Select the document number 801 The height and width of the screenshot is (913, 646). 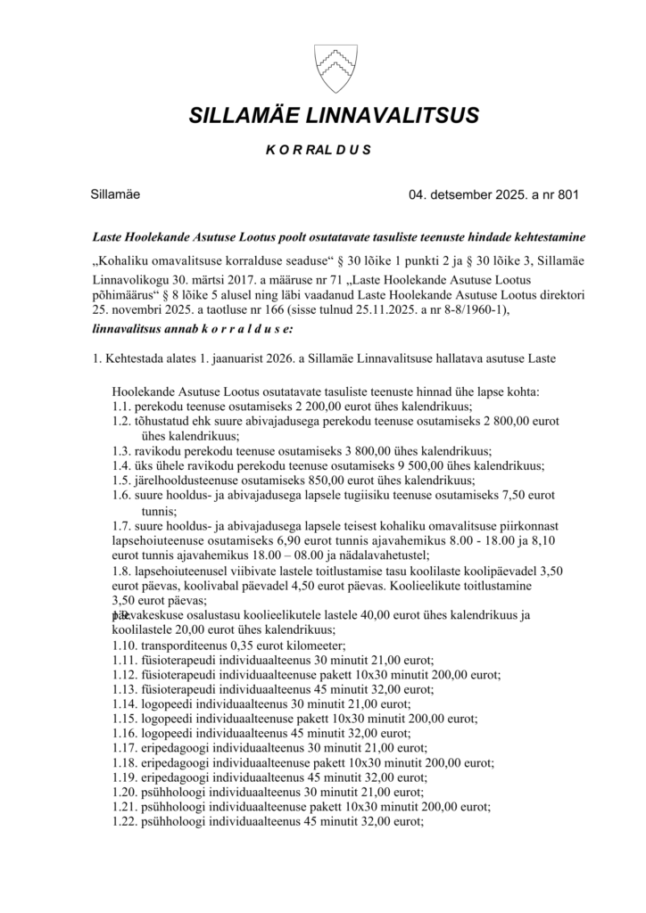pyautogui.click(x=567, y=194)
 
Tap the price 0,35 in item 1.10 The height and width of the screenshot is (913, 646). pyautogui.click(x=246, y=646)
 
